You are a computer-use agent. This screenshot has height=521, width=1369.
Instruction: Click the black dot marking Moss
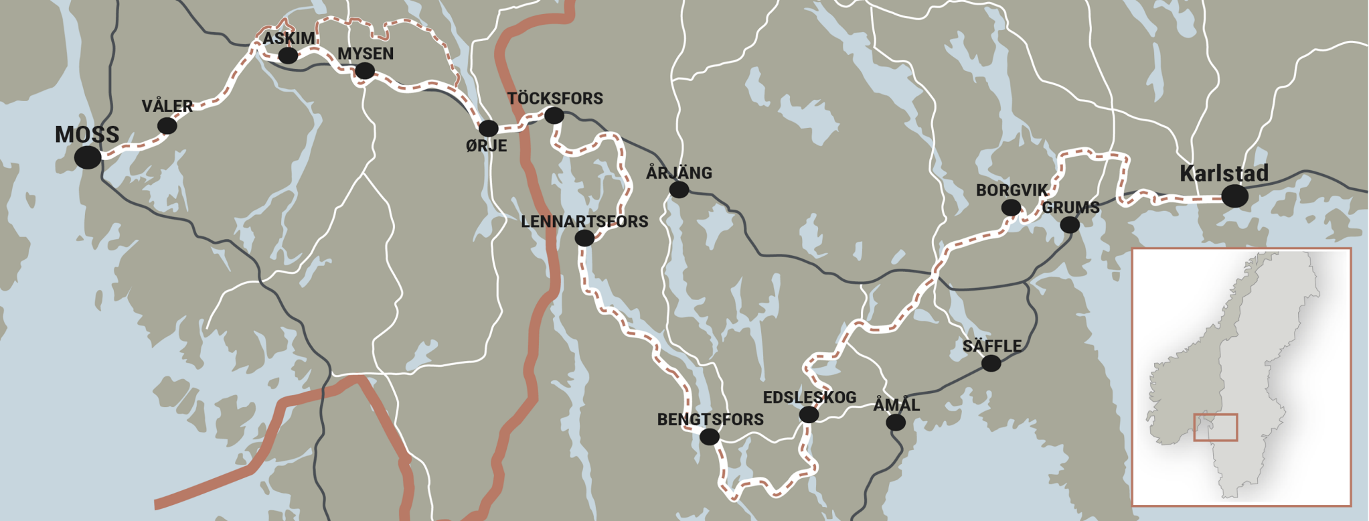click(88, 157)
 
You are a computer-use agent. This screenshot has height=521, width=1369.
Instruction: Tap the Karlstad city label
click(1224, 173)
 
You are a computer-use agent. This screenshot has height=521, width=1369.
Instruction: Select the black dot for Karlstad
click(1234, 196)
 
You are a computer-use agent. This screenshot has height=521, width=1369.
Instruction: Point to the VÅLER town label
click(167, 106)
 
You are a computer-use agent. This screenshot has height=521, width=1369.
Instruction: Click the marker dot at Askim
click(288, 56)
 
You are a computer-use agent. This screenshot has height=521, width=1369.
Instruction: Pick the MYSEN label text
click(366, 54)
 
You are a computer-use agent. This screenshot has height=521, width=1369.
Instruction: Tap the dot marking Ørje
click(488, 128)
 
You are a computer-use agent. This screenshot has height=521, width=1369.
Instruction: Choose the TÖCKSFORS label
click(555, 98)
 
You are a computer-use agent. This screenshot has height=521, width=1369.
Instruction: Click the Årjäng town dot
click(679, 190)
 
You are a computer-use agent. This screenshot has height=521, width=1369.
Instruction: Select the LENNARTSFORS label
click(584, 222)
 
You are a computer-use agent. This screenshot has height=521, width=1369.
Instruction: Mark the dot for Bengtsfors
click(709, 437)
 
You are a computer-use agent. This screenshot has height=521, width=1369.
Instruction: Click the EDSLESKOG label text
click(809, 398)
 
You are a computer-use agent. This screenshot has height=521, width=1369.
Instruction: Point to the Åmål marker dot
click(896, 423)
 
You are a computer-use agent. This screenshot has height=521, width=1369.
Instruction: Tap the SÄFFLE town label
click(992, 346)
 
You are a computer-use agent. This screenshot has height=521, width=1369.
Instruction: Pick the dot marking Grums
click(1070, 225)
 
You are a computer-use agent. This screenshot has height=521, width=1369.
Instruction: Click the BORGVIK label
click(1012, 190)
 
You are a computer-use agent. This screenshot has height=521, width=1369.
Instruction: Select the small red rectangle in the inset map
click(1215, 427)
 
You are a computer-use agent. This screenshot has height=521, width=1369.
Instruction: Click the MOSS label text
click(87, 135)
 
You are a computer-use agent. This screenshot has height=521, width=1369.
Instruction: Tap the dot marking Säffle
click(991, 363)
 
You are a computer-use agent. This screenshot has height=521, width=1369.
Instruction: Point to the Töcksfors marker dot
click(554, 116)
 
